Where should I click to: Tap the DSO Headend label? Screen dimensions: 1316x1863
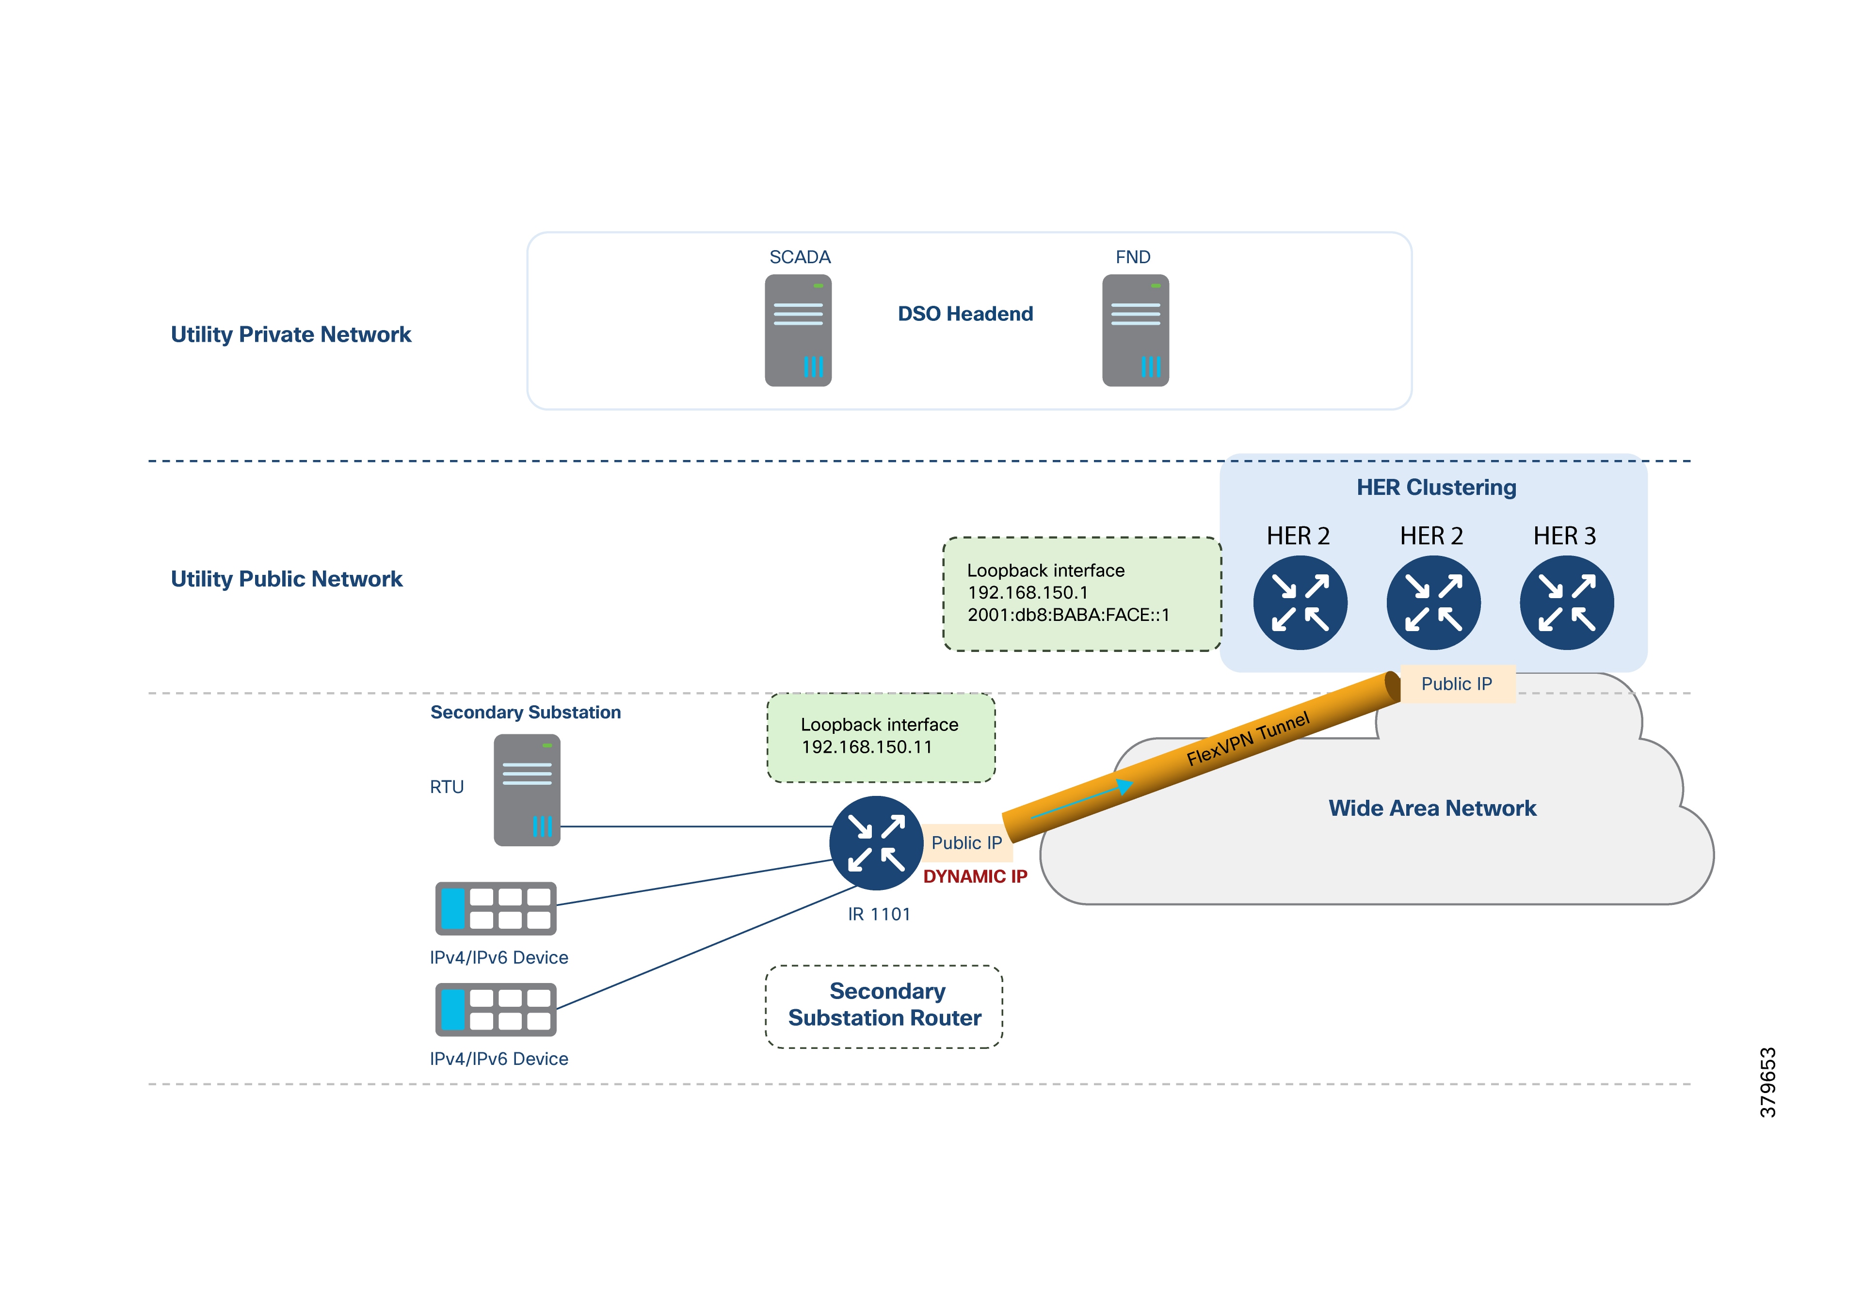point(965,314)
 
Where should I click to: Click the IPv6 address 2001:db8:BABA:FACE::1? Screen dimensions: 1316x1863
point(1068,615)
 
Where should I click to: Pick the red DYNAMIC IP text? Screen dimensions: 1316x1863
point(975,876)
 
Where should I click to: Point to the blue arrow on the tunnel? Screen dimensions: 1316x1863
point(1083,800)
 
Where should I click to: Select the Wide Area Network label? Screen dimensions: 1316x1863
point(1431,808)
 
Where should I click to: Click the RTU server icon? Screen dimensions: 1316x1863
point(527,790)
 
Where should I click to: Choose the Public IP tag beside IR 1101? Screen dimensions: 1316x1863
point(965,843)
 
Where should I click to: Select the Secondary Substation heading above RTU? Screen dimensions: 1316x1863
point(525,713)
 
